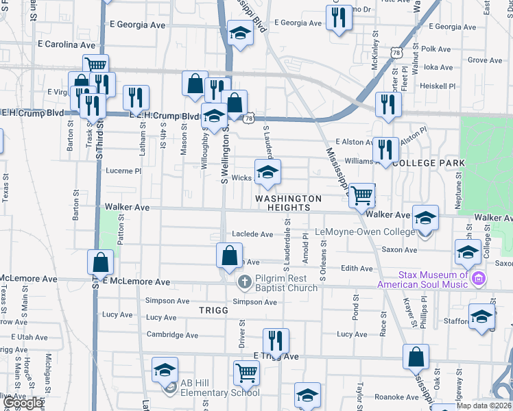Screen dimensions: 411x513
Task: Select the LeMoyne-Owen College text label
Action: [365, 232]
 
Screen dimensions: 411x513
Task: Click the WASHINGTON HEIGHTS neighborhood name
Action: [288, 203]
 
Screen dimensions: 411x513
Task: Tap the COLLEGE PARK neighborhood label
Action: [430, 163]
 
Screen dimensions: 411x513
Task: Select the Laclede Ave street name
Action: [252, 234]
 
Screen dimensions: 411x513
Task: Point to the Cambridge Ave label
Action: [172, 335]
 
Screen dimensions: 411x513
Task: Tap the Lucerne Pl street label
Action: [123, 171]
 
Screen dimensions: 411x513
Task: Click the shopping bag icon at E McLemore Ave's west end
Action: [101, 261]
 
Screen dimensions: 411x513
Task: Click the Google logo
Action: [23, 403]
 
